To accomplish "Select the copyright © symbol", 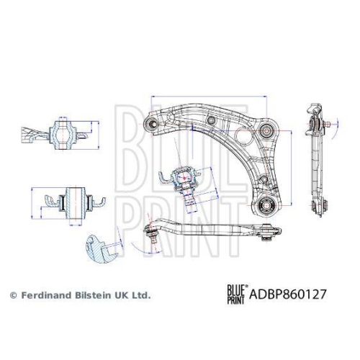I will click(x=12, y=295).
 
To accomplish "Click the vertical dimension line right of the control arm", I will click(x=292, y=166).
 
